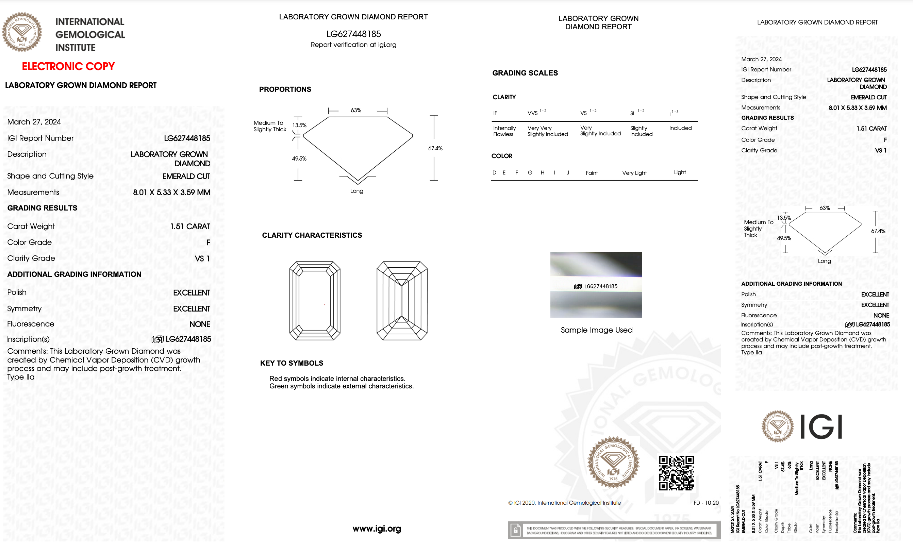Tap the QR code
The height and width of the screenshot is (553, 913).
[x=676, y=473]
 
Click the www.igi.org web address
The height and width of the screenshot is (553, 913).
[x=377, y=529]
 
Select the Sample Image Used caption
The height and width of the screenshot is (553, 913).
[x=596, y=330]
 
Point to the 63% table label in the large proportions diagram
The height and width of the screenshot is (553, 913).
[x=356, y=111]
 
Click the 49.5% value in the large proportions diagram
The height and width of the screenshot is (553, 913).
[x=299, y=158]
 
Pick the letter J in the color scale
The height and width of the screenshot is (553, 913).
[x=568, y=173]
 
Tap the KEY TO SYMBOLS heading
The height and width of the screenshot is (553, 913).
[x=292, y=363]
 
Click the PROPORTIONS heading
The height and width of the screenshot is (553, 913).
[x=285, y=89]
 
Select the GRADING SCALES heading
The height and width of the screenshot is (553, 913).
[x=525, y=73]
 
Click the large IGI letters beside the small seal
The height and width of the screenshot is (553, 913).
[x=821, y=427]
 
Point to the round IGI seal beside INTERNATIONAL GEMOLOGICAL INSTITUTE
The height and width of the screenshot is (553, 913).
[x=22, y=32]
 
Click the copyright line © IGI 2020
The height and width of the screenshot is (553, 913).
[x=564, y=503]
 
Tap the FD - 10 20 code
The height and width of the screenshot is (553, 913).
[x=706, y=503]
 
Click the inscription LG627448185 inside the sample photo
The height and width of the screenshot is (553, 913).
[x=600, y=286]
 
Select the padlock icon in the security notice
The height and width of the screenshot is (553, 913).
[x=515, y=531]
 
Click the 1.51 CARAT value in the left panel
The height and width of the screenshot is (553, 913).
[x=190, y=226]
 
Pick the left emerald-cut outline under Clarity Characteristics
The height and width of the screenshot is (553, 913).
[x=315, y=301]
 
